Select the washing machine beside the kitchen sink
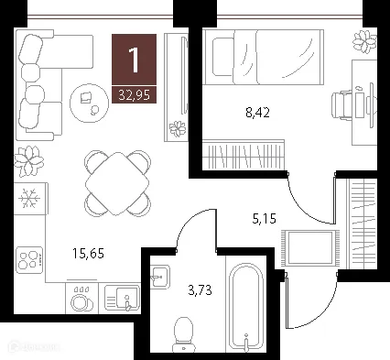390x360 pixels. (x=81, y=298)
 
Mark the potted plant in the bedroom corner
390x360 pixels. (x=363, y=41)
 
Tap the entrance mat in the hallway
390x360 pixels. (x=309, y=249)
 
